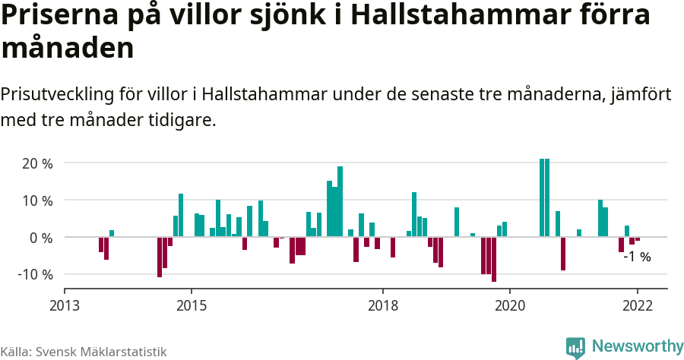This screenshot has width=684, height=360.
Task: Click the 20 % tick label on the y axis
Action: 36,163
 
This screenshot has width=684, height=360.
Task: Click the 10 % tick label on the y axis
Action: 36,201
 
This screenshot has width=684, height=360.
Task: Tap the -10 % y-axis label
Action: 34,274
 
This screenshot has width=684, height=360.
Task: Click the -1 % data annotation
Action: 637,257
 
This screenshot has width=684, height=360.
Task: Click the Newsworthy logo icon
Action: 575,347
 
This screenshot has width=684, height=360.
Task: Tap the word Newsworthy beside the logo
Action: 637,346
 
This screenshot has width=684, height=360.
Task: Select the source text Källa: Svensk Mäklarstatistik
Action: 84,352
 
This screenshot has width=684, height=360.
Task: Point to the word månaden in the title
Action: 68,48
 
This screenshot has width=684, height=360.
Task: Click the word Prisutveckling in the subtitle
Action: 56,95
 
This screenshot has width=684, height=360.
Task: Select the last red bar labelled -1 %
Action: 637,239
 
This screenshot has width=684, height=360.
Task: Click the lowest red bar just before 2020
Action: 493,259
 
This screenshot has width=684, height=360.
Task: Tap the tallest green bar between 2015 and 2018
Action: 340,201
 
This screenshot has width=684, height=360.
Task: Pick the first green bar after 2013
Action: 112,233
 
